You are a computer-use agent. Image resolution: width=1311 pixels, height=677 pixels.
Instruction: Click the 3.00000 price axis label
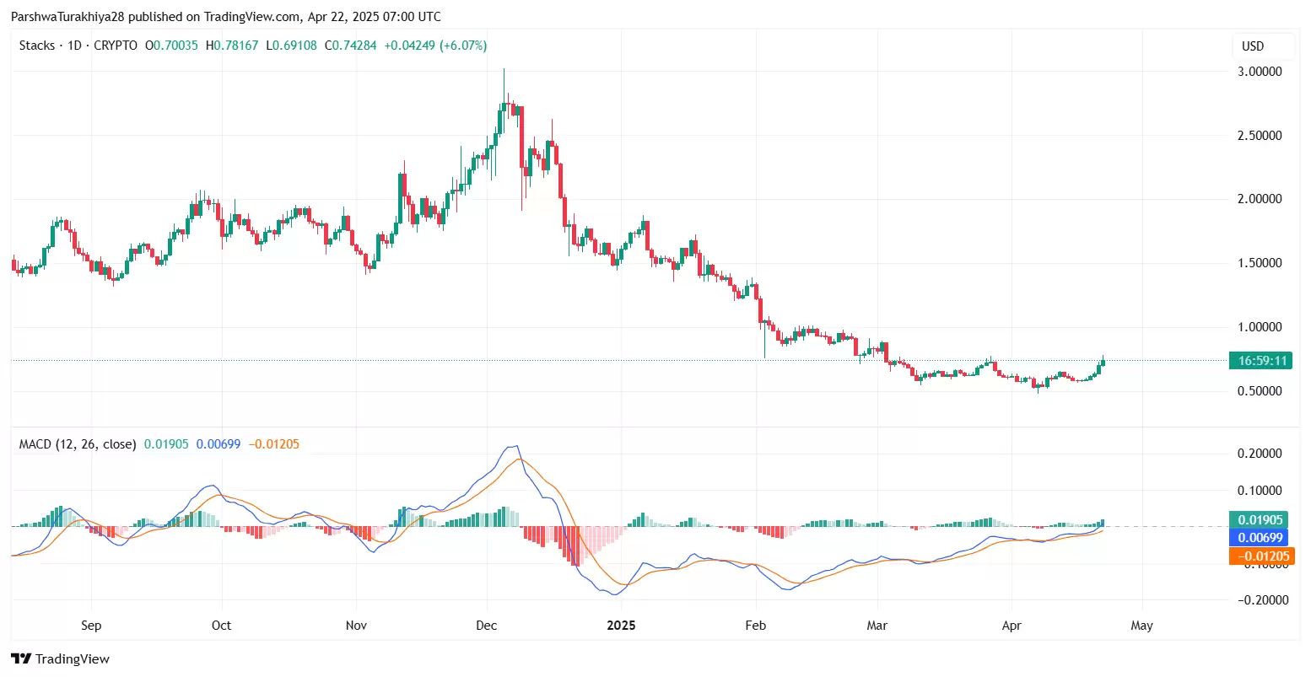pyautogui.click(x=1260, y=72)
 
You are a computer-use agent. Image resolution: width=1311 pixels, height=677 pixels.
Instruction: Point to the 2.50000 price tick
pyautogui.click(x=1260, y=136)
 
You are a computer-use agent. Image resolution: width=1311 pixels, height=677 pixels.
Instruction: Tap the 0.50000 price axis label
pyautogui.click(x=1260, y=391)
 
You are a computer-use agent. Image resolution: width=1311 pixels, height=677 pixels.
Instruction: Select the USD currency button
pyautogui.click(x=1253, y=46)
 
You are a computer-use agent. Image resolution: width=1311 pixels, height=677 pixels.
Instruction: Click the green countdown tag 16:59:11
pyautogui.click(x=1261, y=361)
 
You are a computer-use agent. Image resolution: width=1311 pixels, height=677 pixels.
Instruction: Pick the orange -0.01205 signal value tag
pyautogui.click(x=1262, y=556)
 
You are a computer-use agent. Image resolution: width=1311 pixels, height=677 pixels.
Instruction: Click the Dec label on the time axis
pyautogui.click(x=487, y=626)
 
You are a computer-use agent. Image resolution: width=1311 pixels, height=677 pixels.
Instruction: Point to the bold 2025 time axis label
pyautogui.click(x=622, y=626)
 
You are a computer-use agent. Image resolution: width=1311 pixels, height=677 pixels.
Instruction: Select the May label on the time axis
pyautogui.click(x=1141, y=626)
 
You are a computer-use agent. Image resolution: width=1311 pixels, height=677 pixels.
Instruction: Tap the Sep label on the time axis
pyautogui.click(x=91, y=626)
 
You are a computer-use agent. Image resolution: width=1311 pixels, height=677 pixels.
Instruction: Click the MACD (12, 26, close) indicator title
pyautogui.click(x=78, y=444)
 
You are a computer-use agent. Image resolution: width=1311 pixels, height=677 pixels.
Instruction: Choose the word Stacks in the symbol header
pyautogui.click(x=37, y=46)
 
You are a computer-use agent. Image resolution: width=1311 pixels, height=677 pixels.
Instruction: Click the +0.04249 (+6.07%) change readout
pyautogui.click(x=435, y=46)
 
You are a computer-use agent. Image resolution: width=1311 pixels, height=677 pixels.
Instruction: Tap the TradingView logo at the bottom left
pyautogui.click(x=61, y=659)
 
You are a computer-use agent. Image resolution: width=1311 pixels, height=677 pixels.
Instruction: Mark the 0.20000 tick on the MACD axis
pyautogui.click(x=1260, y=454)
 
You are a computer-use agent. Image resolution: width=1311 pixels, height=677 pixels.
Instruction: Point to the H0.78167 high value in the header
pyautogui.click(x=232, y=46)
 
